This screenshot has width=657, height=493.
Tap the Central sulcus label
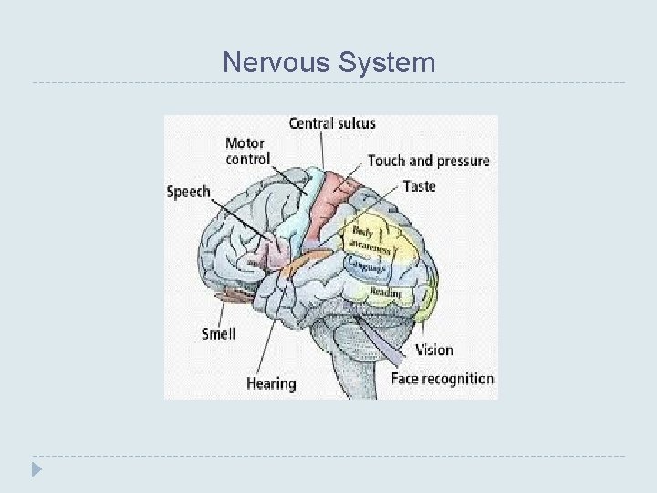pos(332,123)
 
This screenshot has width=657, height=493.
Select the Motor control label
pos(246,151)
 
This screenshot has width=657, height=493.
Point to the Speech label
pos(189,192)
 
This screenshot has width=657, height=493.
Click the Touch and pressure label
pos(428,161)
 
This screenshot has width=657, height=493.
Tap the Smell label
pos(218,333)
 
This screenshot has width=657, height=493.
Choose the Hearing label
pos(271,383)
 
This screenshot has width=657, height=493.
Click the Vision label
pos(433,350)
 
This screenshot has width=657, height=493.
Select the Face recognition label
pos(443,378)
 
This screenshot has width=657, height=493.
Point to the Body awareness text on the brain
pos(370,238)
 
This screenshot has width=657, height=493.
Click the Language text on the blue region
pos(370,266)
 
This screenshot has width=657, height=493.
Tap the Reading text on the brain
pos(386,292)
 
